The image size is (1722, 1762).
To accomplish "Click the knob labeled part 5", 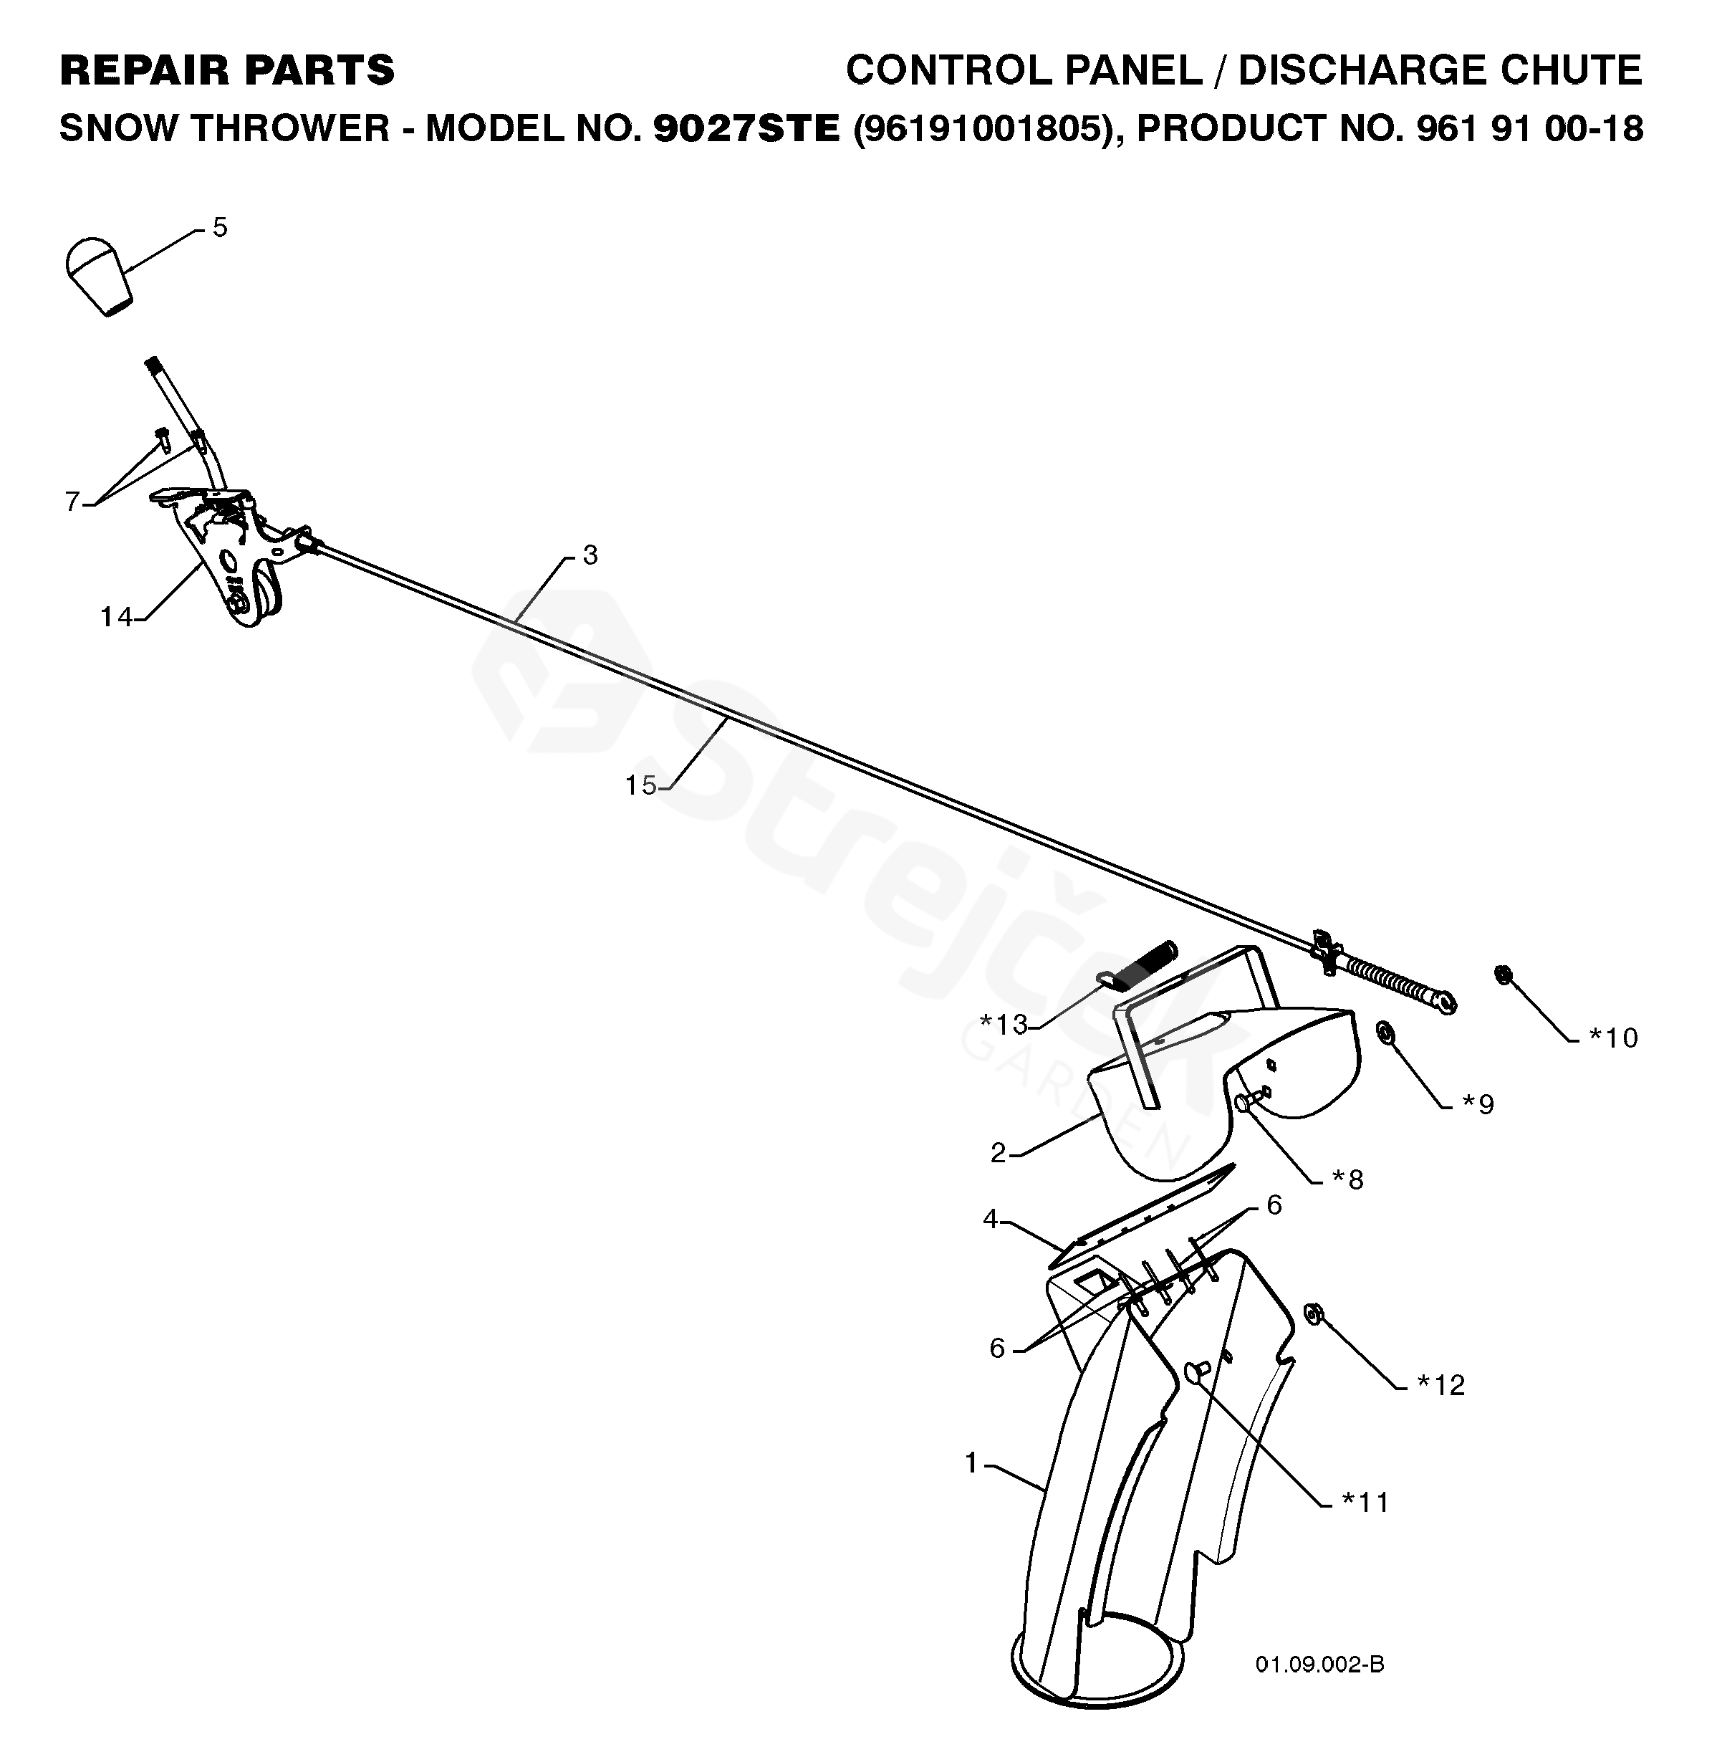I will (99, 275).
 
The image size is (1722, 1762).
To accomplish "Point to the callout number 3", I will (590, 555).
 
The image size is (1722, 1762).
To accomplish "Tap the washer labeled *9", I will (1385, 1031).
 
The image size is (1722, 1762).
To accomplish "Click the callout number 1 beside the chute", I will (972, 1462).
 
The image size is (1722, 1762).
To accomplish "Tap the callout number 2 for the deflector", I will (999, 1153).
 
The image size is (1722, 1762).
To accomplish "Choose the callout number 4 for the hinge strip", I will (991, 1220).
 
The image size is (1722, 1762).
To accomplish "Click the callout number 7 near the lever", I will (73, 500).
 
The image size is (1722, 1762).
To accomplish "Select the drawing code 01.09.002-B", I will (1319, 1665).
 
